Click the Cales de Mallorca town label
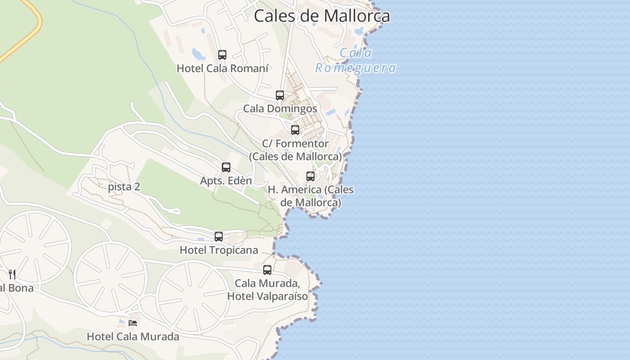pyautogui.click(x=322, y=16)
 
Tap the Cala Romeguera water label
pyautogui.click(x=355, y=60)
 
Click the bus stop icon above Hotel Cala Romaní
pyautogui.click(x=222, y=55)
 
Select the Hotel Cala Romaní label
pyautogui.click(x=222, y=68)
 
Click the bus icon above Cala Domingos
pyautogui.click(x=280, y=95)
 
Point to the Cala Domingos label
pyautogui.click(x=280, y=108)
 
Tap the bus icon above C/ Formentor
pyautogui.click(x=295, y=130)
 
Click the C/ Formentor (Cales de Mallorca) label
pyautogui.click(x=296, y=150)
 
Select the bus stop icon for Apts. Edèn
pyautogui.click(x=226, y=167)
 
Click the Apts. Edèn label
pyautogui.click(x=226, y=181)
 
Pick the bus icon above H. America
pyautogui.click(x=310, y=176)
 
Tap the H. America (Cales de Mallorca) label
pyautogui.click(x=310, y=196)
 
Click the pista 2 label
pyautogui.click(x=124, y=187)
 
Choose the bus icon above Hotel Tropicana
pyautogui.click(x=219, y=237)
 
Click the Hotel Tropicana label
pyautogui.click(x=219, y=250)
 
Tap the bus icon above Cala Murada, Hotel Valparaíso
pyautogui.click(x=267, y=270)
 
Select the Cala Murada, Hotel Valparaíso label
pyautogui.click(x=267, y=290)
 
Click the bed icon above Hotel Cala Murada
pyautogui.click(x=133, y=323)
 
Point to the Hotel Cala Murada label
pyautogui.click(x=133, y=337)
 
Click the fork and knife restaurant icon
pyautogui.click(x=12, y=274)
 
